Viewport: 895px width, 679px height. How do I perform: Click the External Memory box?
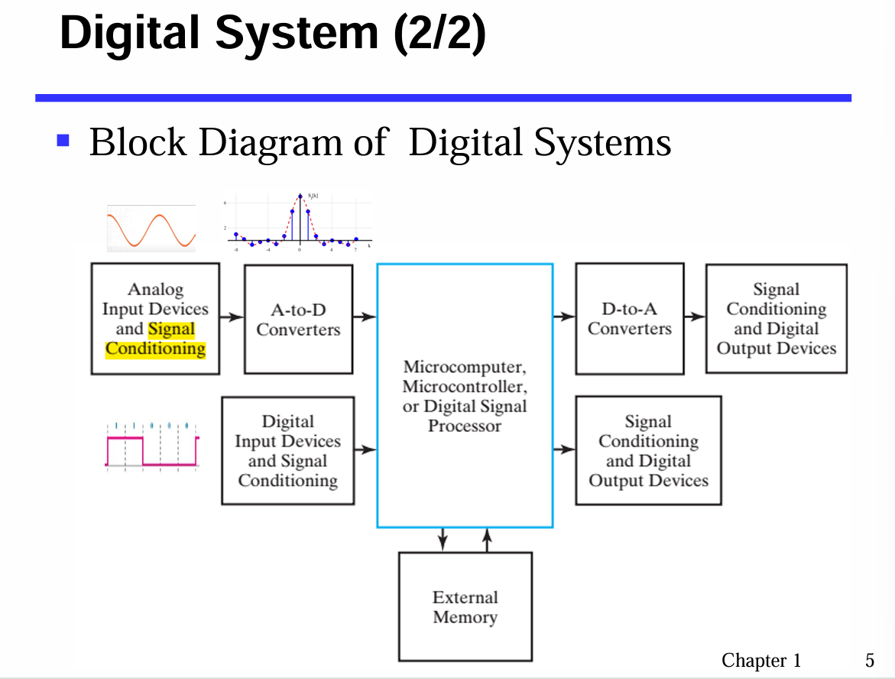[x=465, y=606]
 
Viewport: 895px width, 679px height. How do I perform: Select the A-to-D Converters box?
[x=298, y=319]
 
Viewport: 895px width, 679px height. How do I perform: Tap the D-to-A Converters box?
[x=629, y=319]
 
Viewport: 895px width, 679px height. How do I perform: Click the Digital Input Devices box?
[x=287, y=450]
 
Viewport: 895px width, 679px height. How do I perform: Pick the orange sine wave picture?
[x=151, y=229]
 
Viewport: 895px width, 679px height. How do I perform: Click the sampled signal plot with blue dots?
[x=300, y=221]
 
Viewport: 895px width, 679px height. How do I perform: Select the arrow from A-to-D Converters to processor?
[x=365, y=316]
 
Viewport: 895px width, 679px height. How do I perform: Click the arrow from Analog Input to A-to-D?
[x=232, y=316]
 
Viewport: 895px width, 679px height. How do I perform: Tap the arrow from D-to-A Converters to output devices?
[x=695, y=316]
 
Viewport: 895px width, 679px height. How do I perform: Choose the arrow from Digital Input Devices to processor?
[x=365, y=450]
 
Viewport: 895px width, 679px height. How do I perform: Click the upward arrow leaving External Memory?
[x=487, y=539]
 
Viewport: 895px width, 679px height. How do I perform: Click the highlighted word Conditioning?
[x=156, y=349]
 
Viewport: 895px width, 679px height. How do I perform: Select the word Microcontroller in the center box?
[x=464, y=386]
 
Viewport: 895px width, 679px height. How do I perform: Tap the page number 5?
[x=869, y=661]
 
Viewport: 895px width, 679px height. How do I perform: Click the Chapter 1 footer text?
[x=761, y=661]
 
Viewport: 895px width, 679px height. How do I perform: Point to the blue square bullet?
[x=63, y=140]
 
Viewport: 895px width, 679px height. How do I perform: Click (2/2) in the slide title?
[x=439, y=34]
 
